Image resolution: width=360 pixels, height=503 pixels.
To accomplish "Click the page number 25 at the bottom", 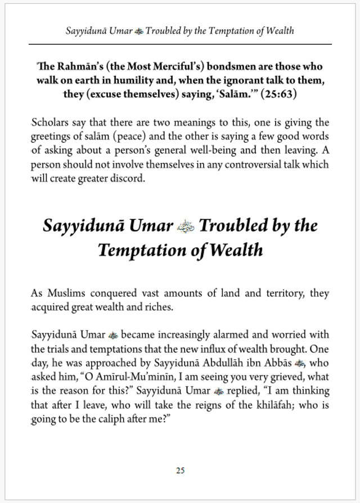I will [180, 470].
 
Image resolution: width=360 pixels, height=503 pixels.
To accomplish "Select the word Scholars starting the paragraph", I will [49, 123].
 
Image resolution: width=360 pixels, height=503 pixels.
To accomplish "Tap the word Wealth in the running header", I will [279, 30].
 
